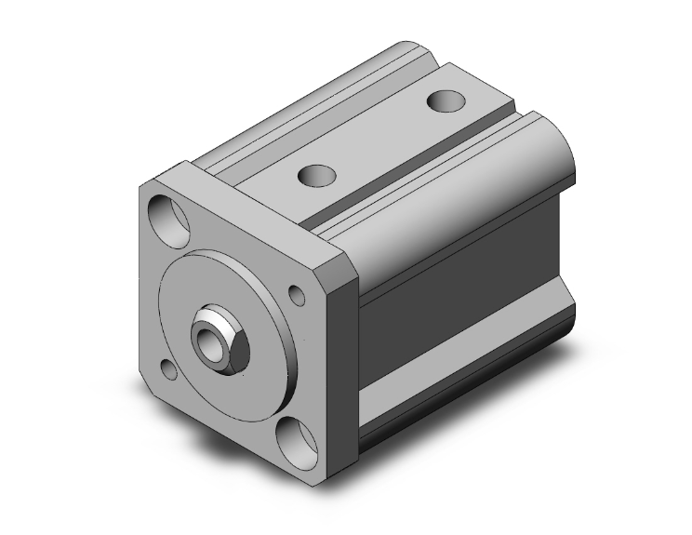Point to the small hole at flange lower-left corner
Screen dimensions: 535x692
point(169,371)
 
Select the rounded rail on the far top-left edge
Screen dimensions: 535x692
point(307,102)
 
